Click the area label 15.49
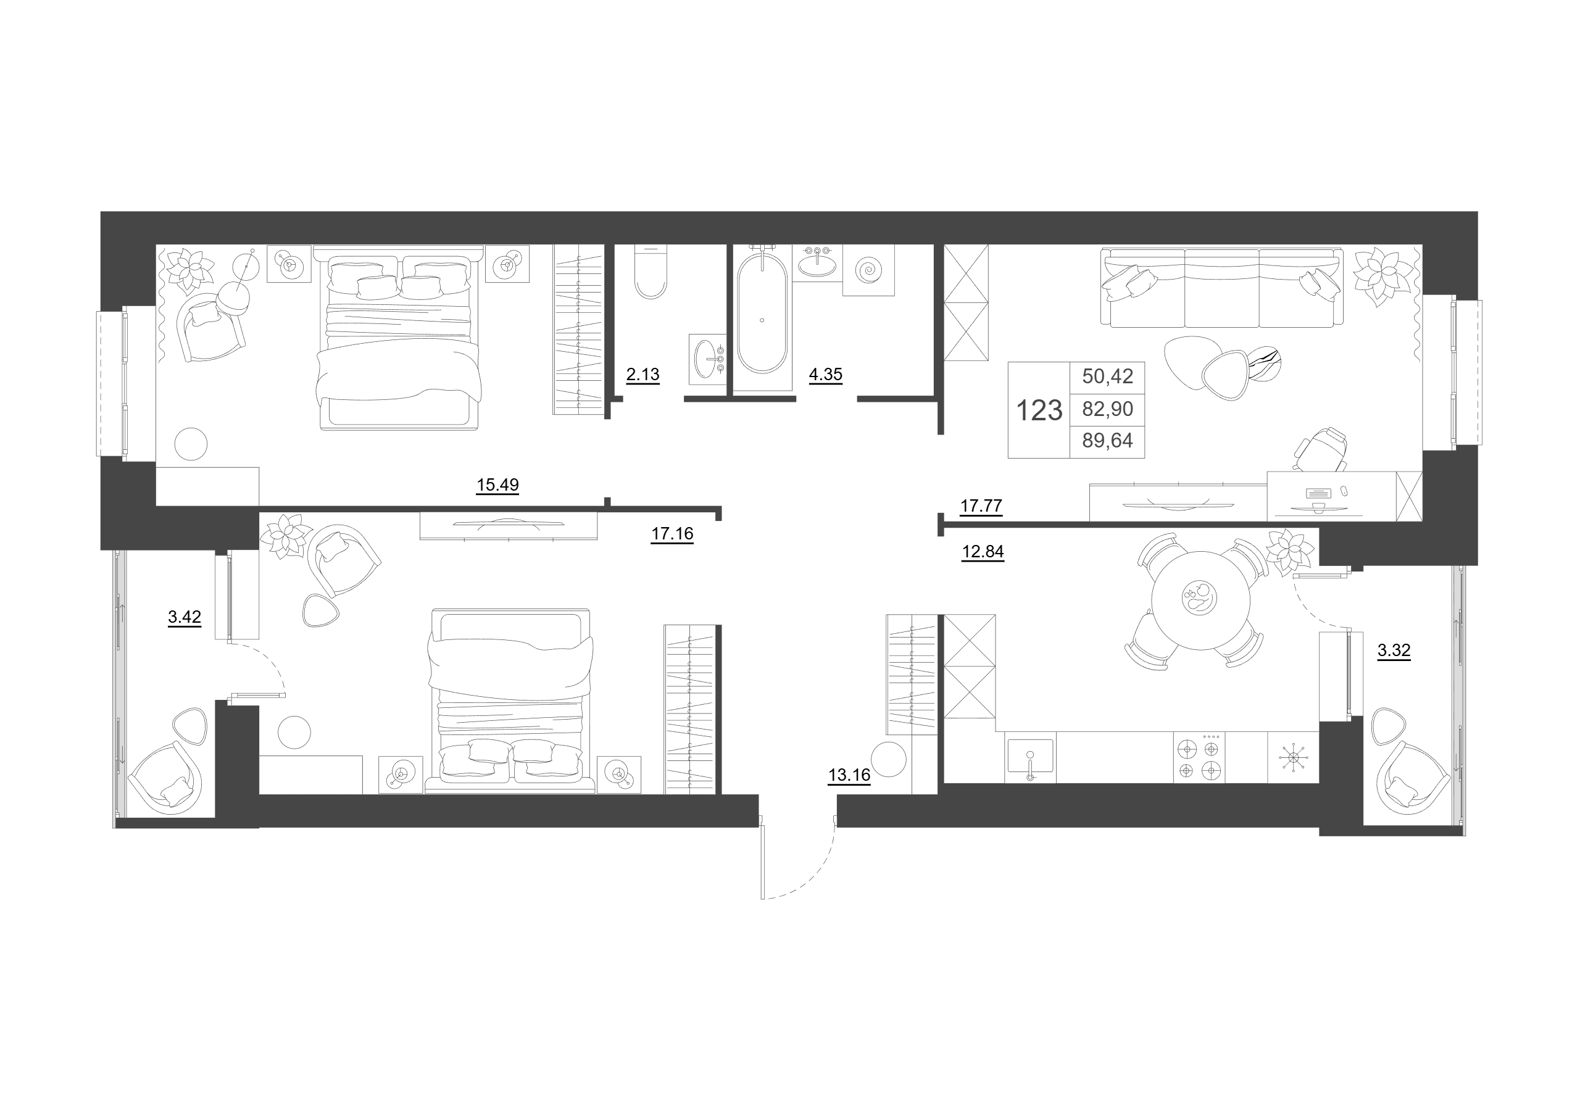coord(497,484)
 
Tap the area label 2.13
coord(642,375)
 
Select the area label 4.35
coord(825,375)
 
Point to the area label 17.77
coord(981,506)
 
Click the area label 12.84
coord(983,551)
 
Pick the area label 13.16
coord(849,775)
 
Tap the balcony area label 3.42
coord(185,617)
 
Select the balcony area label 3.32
coord(1394,650)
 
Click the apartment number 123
coord(1039,411)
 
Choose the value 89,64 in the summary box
coord(1107,441)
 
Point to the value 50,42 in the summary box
coord(1107,376)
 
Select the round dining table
coord(1200,600)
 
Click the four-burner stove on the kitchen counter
coord(1199,757)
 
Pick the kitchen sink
coord(1030,757)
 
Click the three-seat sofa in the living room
coord(1222,287)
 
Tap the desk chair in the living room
coord(1321,449)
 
